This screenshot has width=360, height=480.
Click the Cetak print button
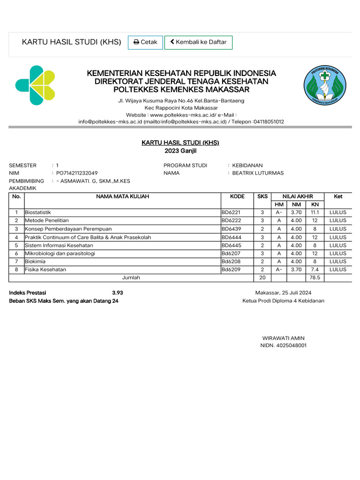tap(145, 42)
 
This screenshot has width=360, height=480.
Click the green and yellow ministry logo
tap(35, 85)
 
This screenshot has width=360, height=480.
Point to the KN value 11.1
tap(315, 212)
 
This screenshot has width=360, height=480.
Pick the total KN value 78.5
tap(315, 277)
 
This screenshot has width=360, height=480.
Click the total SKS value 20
tap(262, 277)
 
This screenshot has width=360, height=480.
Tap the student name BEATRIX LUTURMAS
tap(258, 173)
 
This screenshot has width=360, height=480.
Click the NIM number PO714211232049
tap(77, 173)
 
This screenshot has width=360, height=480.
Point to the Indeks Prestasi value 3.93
tap(118, 293)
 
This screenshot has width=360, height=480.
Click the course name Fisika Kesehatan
tap(45, 270)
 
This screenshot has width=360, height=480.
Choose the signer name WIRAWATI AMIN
tap(283, 338)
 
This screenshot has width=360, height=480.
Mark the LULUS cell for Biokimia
tap(337, 262)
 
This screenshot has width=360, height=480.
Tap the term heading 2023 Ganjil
tap(180, 150)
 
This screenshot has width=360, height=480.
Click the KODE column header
tap(237, 196)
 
